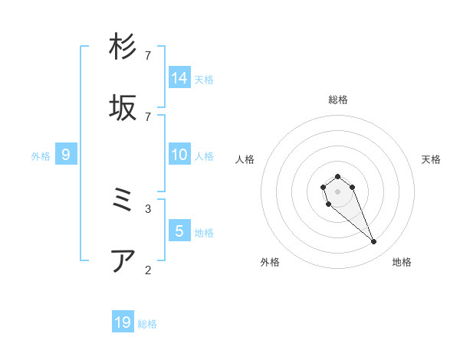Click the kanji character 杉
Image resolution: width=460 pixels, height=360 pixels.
123,47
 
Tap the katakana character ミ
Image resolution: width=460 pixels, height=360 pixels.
123,200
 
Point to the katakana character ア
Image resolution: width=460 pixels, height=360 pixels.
123,261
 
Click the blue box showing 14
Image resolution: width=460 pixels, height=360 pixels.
179,77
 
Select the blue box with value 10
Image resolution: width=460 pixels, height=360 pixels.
179,155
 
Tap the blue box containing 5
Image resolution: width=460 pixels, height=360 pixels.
179,231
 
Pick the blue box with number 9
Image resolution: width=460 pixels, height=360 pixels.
66,155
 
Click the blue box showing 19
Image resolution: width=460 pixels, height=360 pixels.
123,322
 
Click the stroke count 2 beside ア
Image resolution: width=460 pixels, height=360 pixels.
148,270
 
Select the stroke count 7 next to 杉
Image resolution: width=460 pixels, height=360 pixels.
148,55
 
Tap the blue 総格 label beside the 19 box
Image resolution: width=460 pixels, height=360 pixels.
147,324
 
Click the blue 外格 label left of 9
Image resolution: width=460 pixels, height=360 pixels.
41,156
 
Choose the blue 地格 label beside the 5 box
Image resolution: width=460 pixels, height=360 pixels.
204,233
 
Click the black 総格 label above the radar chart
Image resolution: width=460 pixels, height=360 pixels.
338,100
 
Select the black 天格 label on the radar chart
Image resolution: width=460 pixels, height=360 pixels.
431,159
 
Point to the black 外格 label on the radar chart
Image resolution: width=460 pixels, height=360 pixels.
270,262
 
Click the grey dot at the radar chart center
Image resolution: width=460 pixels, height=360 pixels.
337,191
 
